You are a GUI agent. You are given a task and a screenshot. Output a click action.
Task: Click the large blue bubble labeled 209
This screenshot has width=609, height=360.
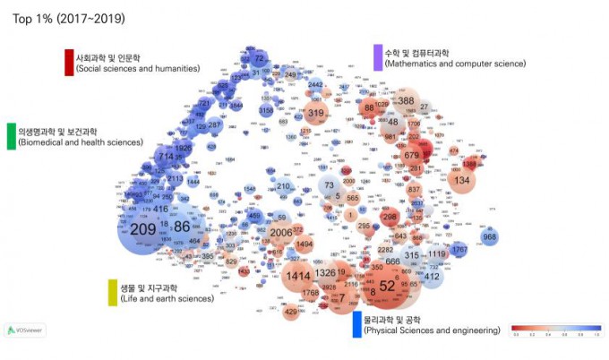(142, 230)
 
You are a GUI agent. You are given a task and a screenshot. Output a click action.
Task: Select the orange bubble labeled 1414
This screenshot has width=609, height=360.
(298, 276)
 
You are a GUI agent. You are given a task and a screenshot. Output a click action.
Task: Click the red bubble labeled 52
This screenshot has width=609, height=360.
(387, 286)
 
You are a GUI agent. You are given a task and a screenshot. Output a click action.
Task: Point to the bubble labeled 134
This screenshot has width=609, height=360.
(462, 181)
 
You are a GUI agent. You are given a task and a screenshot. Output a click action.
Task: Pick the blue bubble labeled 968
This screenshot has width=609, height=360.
(489, 237)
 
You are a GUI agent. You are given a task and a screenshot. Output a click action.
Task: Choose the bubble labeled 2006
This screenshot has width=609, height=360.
(281, 233)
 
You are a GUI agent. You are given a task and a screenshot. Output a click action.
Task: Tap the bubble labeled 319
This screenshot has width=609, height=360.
(315, 114)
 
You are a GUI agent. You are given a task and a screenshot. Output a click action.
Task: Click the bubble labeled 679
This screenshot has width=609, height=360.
(412, 156)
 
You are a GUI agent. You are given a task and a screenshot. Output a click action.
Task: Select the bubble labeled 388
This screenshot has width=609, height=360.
(407, 102)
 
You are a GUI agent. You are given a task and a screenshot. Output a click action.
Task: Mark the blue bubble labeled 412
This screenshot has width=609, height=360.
(432, 277)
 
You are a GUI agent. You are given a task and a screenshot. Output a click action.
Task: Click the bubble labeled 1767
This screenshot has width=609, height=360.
(459, 249)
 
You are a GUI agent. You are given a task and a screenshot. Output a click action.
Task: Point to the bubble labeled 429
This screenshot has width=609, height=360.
(290, 312)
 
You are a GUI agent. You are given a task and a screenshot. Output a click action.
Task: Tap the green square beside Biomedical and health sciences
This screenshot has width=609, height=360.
(11, 136)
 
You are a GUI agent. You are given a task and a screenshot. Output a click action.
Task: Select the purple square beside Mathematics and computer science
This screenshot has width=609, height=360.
(377, 58)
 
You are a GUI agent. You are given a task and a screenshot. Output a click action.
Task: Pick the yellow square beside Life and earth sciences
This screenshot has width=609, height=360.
(113, 292)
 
